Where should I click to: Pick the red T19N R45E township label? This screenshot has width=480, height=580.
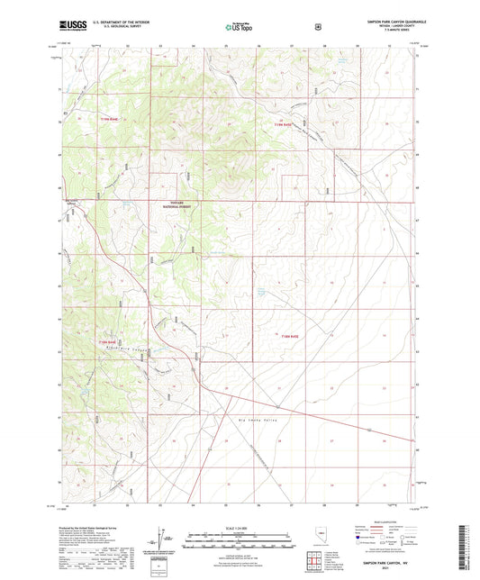point(285,123)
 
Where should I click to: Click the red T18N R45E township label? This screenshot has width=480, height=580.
point(287,336)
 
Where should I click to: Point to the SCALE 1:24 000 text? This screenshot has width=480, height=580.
point(239,527)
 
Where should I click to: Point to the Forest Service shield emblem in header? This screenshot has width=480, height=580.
point(317,27)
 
